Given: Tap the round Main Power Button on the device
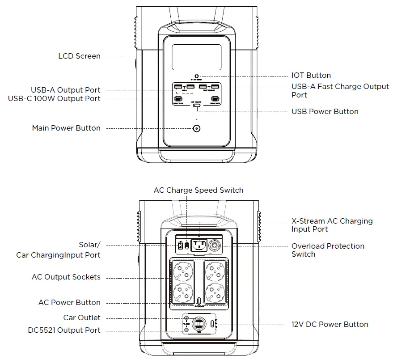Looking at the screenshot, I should pos(196,128).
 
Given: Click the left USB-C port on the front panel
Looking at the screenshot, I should pos(178,99).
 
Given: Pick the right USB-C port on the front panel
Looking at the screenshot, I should pos(215,99).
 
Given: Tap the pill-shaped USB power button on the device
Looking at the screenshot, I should pos(196,108).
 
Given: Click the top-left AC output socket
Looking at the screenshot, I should pos(182,271).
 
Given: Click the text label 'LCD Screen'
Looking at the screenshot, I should pos(79,56).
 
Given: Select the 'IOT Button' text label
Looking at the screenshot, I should pos(311,76).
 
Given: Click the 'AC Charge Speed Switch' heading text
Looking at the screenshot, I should pos(199,191).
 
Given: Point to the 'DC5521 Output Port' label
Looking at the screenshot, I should pos(64,330).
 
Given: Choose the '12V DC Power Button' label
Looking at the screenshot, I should pos(330,325).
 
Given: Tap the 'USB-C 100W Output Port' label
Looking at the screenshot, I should pos(54,99).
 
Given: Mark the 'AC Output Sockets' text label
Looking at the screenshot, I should pos(66,277).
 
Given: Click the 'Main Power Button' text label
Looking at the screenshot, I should pos(66,128).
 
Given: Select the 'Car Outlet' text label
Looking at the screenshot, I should pos(82,318).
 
